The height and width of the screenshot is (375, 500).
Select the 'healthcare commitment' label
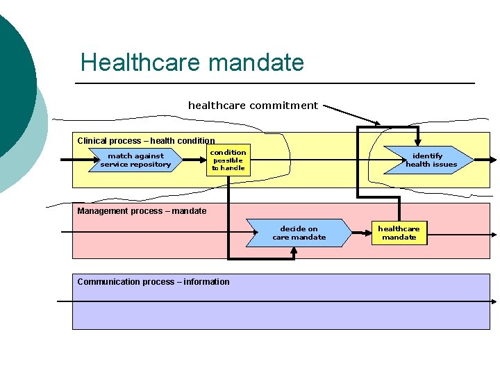click(x=253, y=106)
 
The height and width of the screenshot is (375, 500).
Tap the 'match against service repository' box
click(x=136, y=160)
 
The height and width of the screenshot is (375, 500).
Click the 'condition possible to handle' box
click(x=228, y=160)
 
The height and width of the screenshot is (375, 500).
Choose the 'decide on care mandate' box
click(x=299, y=233)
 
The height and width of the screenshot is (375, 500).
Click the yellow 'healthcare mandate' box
click(x=399, y=233)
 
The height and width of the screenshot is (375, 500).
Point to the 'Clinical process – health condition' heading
click(x=146, y=140)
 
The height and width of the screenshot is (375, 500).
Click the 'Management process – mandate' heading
click(x=142, y=211)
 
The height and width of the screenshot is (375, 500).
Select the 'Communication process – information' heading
click(x=153, y=281)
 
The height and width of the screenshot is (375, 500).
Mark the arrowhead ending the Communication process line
click(x=494, y=301)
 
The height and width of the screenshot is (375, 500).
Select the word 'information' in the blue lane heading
click(x=206, y=281)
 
